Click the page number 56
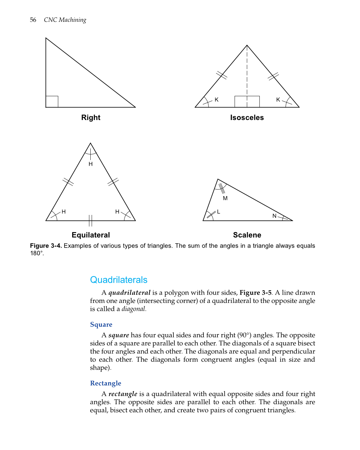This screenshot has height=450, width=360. tap(33, 20)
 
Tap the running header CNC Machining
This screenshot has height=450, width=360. tap(65, 20)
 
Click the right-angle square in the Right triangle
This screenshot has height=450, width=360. tap(52, 102)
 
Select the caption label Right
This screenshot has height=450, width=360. tap(91, 118)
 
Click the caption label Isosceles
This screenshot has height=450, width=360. tap(247, 118)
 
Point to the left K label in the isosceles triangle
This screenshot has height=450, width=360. tap(216, 100)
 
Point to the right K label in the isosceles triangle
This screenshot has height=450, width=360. tap(278, 100)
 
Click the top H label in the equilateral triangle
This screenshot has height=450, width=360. tap(91, 164)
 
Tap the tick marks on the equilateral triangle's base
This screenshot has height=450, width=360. tap(90, 221)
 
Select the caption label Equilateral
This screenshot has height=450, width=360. tap(91, 235)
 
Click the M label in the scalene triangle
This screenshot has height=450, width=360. tap(225, 198)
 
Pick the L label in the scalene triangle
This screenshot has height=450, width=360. tap(218, 212)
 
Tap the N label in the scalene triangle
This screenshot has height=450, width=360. tap(274, 216)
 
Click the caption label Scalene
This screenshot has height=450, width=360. tap(247, 235)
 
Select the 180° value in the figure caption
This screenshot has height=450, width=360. tap(37, 253)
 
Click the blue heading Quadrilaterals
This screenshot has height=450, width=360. tap(118, 280)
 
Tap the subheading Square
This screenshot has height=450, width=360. tap(101, 324)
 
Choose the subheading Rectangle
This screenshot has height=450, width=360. tap(106, 383)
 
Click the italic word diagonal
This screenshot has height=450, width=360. tap(133, 309)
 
